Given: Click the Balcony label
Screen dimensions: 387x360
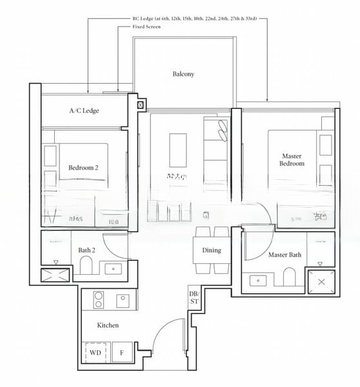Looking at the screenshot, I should pos(183,74).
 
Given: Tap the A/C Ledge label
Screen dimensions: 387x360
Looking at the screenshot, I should pos(84,111).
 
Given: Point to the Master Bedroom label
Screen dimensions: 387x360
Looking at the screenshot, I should pos(292,160).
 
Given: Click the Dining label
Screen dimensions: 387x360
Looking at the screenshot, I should pos(211,250).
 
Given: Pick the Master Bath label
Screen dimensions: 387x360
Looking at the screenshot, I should pos(285,255).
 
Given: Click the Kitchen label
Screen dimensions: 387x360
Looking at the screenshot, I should pos(108,325).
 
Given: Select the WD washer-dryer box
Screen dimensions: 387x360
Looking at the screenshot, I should pos(95,353).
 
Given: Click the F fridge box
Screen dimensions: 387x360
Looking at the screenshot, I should pos(121,353).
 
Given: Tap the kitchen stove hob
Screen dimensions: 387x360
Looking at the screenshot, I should pos(99,300).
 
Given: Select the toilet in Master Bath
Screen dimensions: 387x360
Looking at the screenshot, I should pos(289,277).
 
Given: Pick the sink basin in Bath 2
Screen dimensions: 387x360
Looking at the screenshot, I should pos(114,269).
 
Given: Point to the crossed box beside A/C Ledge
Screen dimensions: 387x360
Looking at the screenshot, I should pos(141,103).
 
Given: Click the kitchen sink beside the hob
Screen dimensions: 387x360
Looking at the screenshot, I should pos(123,300).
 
